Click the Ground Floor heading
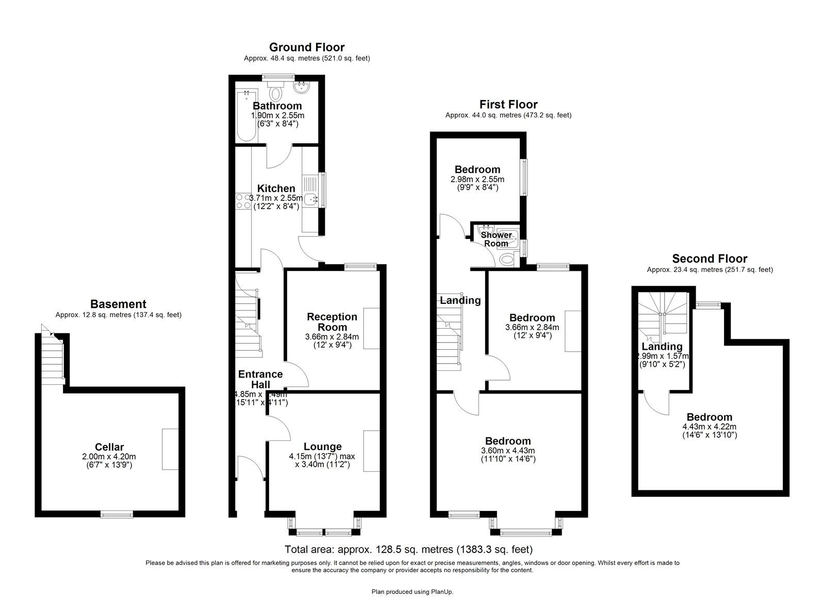pyautogui.click(x=307, y=47)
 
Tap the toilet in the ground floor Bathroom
pyautogui.click(x=276, y=93)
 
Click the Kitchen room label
pyautogui.click(x=276, y=189)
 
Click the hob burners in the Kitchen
pyautogui.click(x=240, y=201)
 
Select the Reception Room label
pyautogui.click(x=332, y=322)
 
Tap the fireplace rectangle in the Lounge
pyautogui.click(x=371, y=451)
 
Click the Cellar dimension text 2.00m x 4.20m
pyautogui.click(x=109, y=456)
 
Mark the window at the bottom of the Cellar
pyautogui.click(x=117, y=514)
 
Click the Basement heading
pyautogui.click(x=118, y=304)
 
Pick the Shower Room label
pyautogui.click(x=496, y=239)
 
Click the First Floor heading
pyautogui.click(x=508, y=105)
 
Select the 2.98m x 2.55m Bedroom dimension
pyautogui.click(x=477, y=179)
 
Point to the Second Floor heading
pyautogui.click(x=709, y=259)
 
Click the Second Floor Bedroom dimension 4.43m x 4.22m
pyautogui.click(x=709, y=426)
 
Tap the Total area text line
pyautogui.click(x=408, y=550)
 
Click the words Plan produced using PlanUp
pyautogui.click(x=412, y=592)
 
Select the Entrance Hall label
pyautogui.click(x=260, y=379)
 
